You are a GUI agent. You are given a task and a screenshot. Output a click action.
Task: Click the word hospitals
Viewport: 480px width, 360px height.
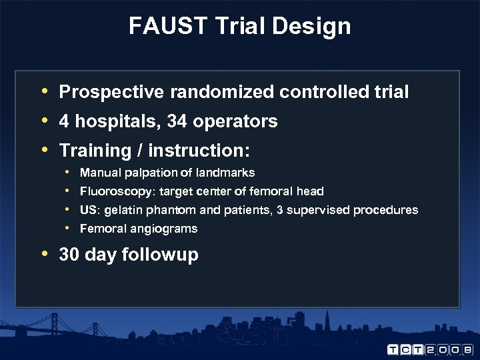[x=117, y=121]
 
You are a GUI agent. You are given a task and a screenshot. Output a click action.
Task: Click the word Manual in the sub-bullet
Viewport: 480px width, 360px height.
[x=98, y=173]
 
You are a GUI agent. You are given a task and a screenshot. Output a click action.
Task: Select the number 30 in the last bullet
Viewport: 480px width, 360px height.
[x=69, y=255]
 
